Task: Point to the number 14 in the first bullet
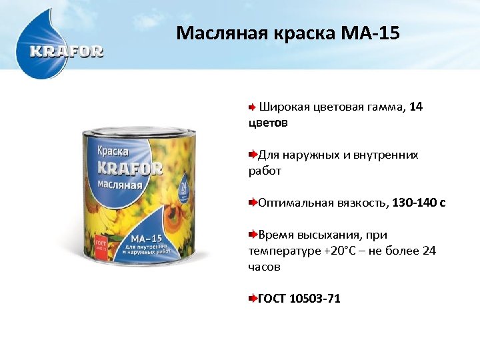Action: click(x=416, y=107)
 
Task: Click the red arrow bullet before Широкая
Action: click(x=252, y=107)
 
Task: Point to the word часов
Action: click(x=265, y=267)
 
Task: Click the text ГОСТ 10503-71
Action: click(x=299, y=299)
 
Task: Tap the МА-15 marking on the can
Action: click(x=148, y=238)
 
